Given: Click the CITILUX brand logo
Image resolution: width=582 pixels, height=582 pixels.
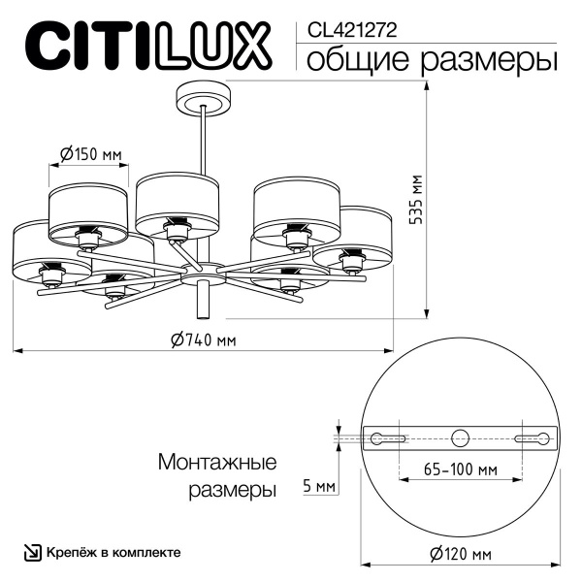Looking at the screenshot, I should (145, 45).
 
